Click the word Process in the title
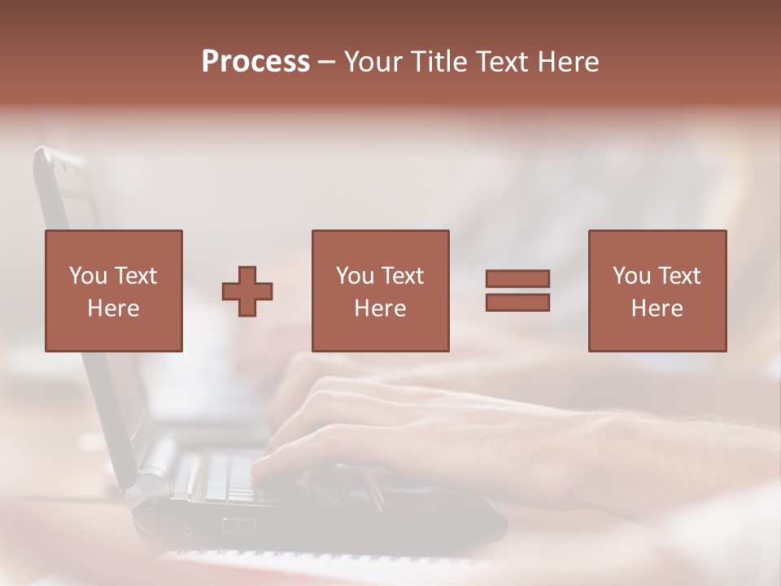pyautogui.click(x=255, y=62)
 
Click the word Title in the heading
pyautogui.click(x=439, y=62)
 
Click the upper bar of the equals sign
pyautogui.click(x=517, y=278)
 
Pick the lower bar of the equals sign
pyautogui.click(x=517, y=303)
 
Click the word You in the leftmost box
pyautogui.click(x=88, y=276)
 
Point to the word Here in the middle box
pyautogui.click(x=380, y=308)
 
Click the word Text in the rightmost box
pyautogui.click(x=679, y=276)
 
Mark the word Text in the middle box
pyautogui.click(x=403, y=276)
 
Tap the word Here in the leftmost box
pyautogui.click(x=113, y=308)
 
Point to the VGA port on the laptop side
pyautogui.click(x=238, y=527)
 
